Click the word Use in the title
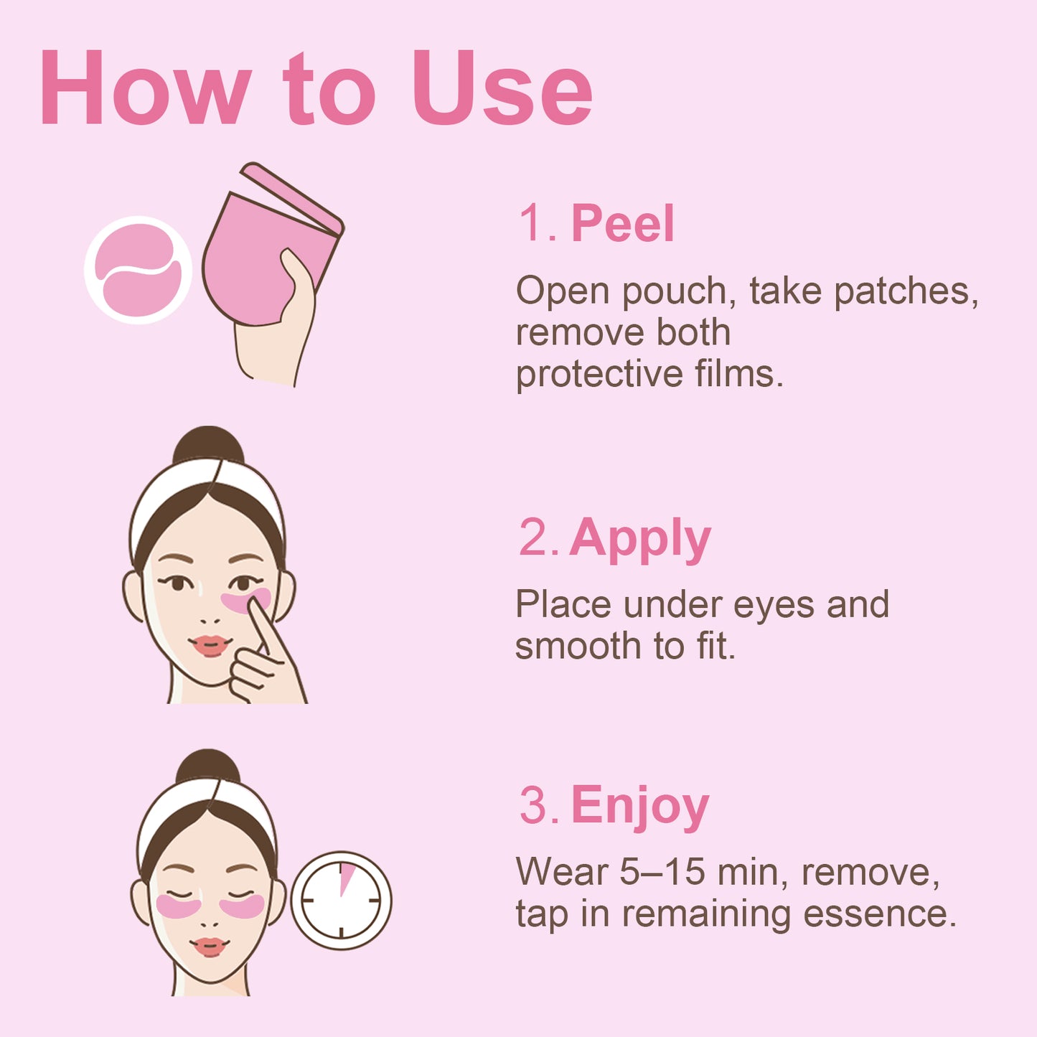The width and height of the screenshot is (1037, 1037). click(502, 90)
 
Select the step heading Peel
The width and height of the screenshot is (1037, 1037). click(622, 223)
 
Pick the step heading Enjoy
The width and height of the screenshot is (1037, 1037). click(639, 807)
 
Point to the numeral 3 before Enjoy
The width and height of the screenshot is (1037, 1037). click(534, 806)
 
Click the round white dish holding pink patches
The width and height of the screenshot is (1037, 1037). click(138, 271)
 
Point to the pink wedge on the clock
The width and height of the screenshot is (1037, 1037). click(347, 878)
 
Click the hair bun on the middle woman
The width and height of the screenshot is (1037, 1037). click(208, 445)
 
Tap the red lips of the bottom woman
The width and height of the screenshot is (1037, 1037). click(209, 947)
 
